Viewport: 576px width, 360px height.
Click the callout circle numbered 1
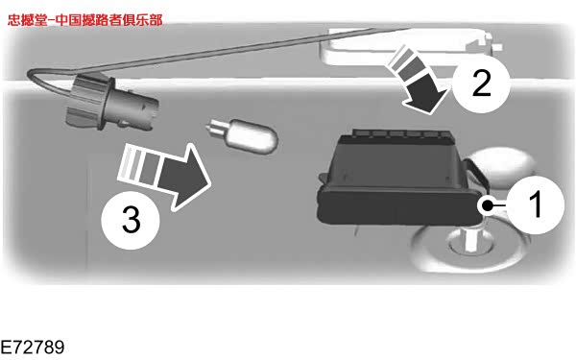coord(536,205)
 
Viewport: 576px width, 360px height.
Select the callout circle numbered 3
coord(131,220)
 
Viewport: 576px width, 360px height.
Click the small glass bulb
coord(242,136)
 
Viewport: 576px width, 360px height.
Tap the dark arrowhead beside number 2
coord(427,94)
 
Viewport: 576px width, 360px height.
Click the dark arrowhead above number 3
coord(185,178)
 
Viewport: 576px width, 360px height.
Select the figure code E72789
coord(33,348)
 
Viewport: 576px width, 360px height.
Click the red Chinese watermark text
coord(84,20)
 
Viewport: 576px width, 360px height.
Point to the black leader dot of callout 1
coord(487,205)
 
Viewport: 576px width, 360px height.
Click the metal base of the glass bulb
coord(214,129)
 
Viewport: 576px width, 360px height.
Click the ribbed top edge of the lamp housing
coord(401,133)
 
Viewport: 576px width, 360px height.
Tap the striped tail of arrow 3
coord(140,163)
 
